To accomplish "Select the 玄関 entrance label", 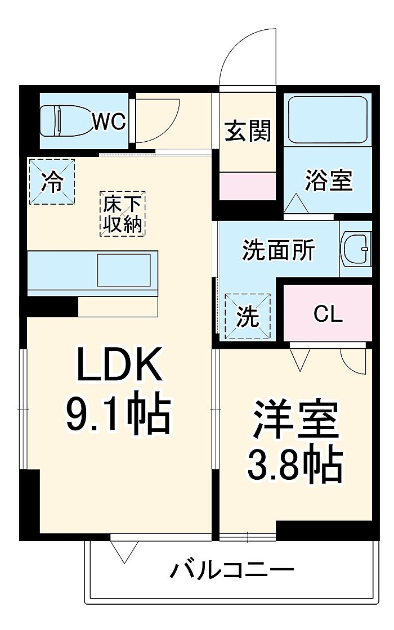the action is [248, 130].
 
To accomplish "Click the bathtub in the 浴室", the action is [328, 119].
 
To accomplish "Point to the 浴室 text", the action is [329, 180].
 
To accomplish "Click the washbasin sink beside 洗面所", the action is [355, 249].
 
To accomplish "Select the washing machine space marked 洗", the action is [248, 317].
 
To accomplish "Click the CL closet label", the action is [328, 314].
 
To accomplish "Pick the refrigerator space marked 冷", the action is [52, 182].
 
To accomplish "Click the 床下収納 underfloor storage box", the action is [122, 213].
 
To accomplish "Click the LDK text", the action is [119, 364].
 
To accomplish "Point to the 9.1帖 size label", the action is [118, 414].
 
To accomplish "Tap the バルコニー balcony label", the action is [232, 570].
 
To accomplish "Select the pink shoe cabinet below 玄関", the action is [247, 186].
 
